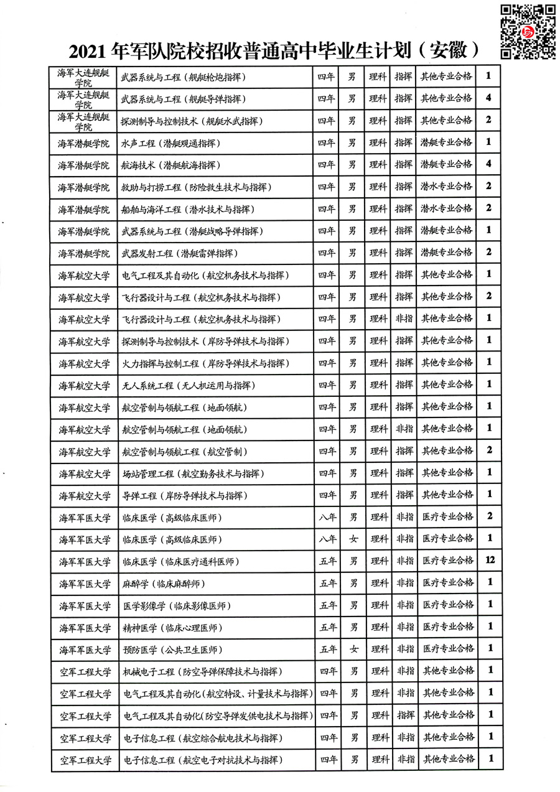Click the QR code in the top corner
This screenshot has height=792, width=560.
pos(528,30)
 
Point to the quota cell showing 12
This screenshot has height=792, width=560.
pos(489,561)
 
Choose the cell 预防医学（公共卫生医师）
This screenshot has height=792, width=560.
pos(171,650)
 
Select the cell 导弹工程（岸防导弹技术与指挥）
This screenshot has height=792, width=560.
pos(183,496)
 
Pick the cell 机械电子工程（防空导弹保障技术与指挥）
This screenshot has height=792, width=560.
pos(203,671)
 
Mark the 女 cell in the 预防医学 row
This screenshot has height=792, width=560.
pos(353,650)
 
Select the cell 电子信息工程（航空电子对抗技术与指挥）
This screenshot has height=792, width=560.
pos(202,760)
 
